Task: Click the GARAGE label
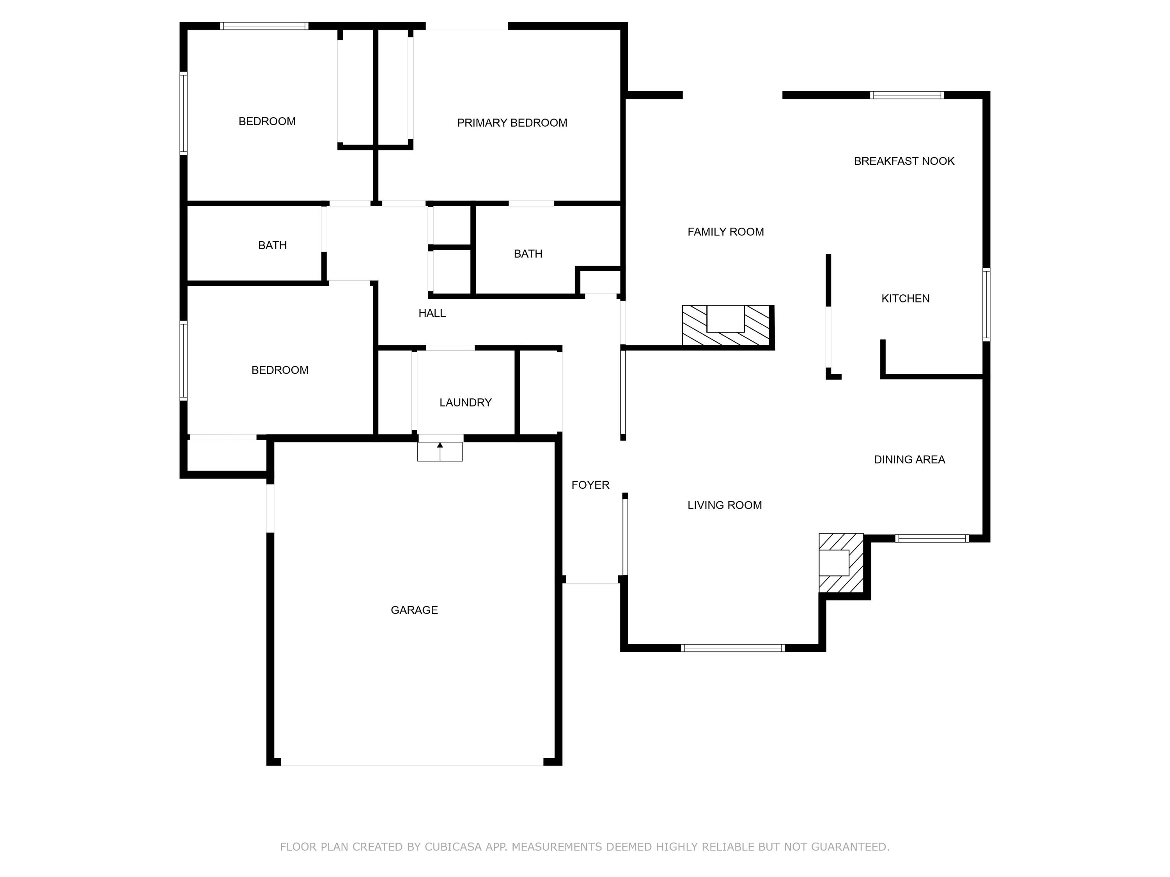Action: (414, 610)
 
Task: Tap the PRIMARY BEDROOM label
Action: (512, 123)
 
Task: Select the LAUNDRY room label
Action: (465, 403)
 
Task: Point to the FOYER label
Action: (590, 485)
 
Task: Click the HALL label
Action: (432, 313)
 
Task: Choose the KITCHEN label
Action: (905, 299)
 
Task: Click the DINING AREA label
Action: (909, 460)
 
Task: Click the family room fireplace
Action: (726, 325)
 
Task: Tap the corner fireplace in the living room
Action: (840, 562)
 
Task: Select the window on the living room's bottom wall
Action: (732, 648)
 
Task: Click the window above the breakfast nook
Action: (907, 95)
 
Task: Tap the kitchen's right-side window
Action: (986, 304)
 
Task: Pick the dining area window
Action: (932, 539)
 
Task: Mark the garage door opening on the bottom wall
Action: (412, 762)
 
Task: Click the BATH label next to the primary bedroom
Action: (528, 254)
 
